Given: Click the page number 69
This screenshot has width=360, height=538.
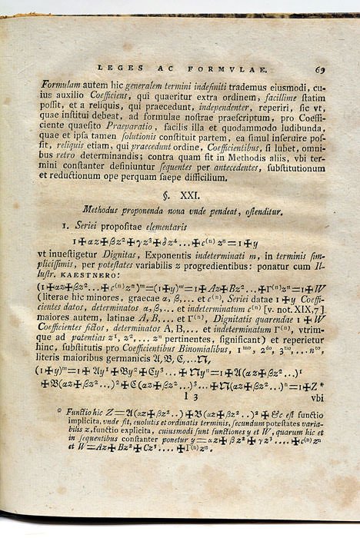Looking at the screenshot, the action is pyautogui.click(x=319, y=69).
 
